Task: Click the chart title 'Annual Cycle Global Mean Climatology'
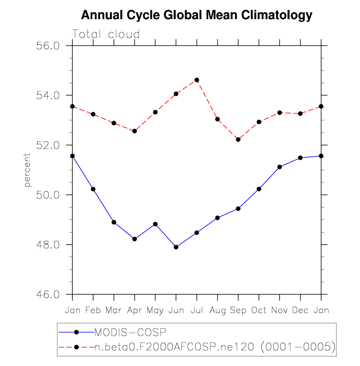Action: point(196,15)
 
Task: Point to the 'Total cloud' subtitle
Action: point(106,34)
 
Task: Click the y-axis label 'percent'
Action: point(28,170)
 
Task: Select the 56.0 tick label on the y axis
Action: point(49,45)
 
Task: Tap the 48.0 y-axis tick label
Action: point(49,245)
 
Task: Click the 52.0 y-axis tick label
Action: point(49,145)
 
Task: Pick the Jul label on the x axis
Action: point(197,311)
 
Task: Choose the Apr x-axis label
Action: point(135,311)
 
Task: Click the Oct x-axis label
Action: point(259,311)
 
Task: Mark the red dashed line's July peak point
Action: point(197,79)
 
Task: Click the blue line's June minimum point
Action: point(176,247)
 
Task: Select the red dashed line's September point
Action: point(238,139)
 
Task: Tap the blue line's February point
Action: point(93,189)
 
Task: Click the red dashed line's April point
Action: point(135,131)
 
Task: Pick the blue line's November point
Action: point(279,167)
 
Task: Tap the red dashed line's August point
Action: point(218,119)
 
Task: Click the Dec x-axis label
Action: point(300,311)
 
